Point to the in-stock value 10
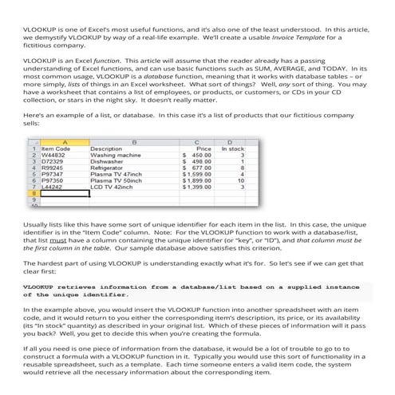(x=241, y=181)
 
